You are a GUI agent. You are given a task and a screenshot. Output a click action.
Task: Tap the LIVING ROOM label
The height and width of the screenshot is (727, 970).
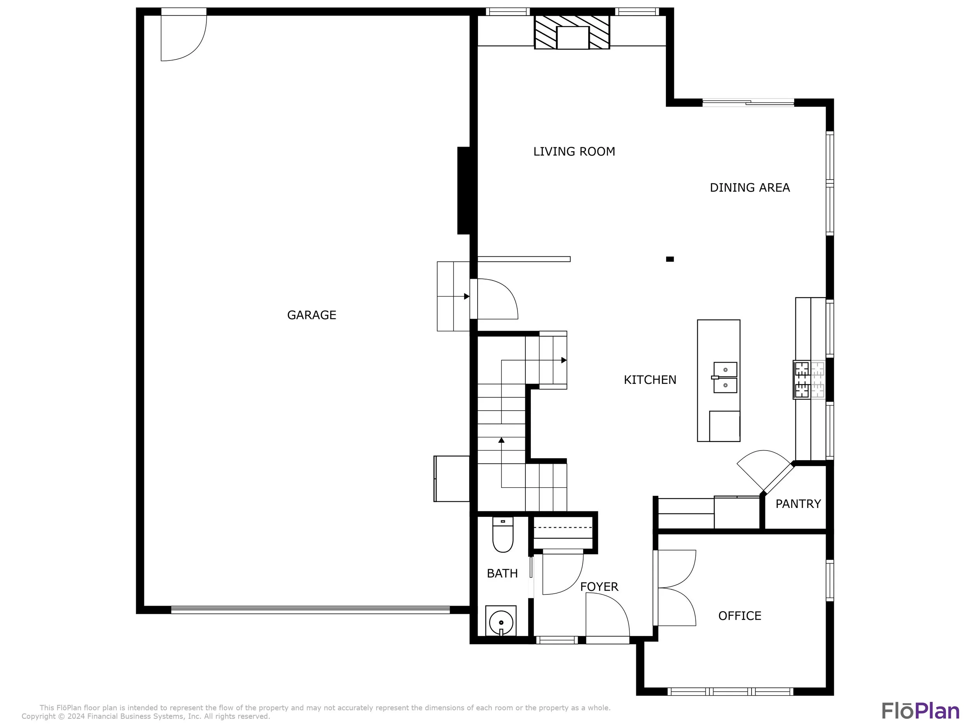574,152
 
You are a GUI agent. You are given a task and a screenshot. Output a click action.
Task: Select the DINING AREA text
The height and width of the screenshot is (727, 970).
750,188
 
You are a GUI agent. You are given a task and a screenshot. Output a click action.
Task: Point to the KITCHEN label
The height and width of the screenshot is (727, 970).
650,380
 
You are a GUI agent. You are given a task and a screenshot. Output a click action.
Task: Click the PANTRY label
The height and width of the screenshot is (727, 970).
798,504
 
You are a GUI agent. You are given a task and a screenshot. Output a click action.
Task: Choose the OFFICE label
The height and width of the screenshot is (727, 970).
740,616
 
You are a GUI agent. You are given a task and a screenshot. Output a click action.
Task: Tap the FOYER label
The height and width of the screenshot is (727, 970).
599,587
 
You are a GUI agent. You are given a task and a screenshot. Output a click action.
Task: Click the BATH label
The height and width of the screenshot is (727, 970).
502,573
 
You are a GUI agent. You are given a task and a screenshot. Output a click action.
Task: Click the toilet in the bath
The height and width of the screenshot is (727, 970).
503,535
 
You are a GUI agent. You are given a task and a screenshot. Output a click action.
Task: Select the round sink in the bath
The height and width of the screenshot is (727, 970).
501,621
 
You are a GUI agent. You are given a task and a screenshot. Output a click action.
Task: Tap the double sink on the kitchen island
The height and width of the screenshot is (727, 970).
725,377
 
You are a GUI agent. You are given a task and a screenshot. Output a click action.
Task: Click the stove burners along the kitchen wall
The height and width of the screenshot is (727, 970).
809,380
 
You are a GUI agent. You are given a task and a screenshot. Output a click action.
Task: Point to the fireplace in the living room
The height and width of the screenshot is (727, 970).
572,32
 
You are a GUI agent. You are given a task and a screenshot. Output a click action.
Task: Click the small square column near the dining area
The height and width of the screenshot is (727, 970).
670,259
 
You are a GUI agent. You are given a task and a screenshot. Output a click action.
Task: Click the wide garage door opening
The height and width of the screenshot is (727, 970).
310,610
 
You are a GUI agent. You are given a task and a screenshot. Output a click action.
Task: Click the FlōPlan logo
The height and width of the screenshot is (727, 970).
920,711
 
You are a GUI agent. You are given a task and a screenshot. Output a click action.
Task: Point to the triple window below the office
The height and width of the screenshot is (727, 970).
731,691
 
